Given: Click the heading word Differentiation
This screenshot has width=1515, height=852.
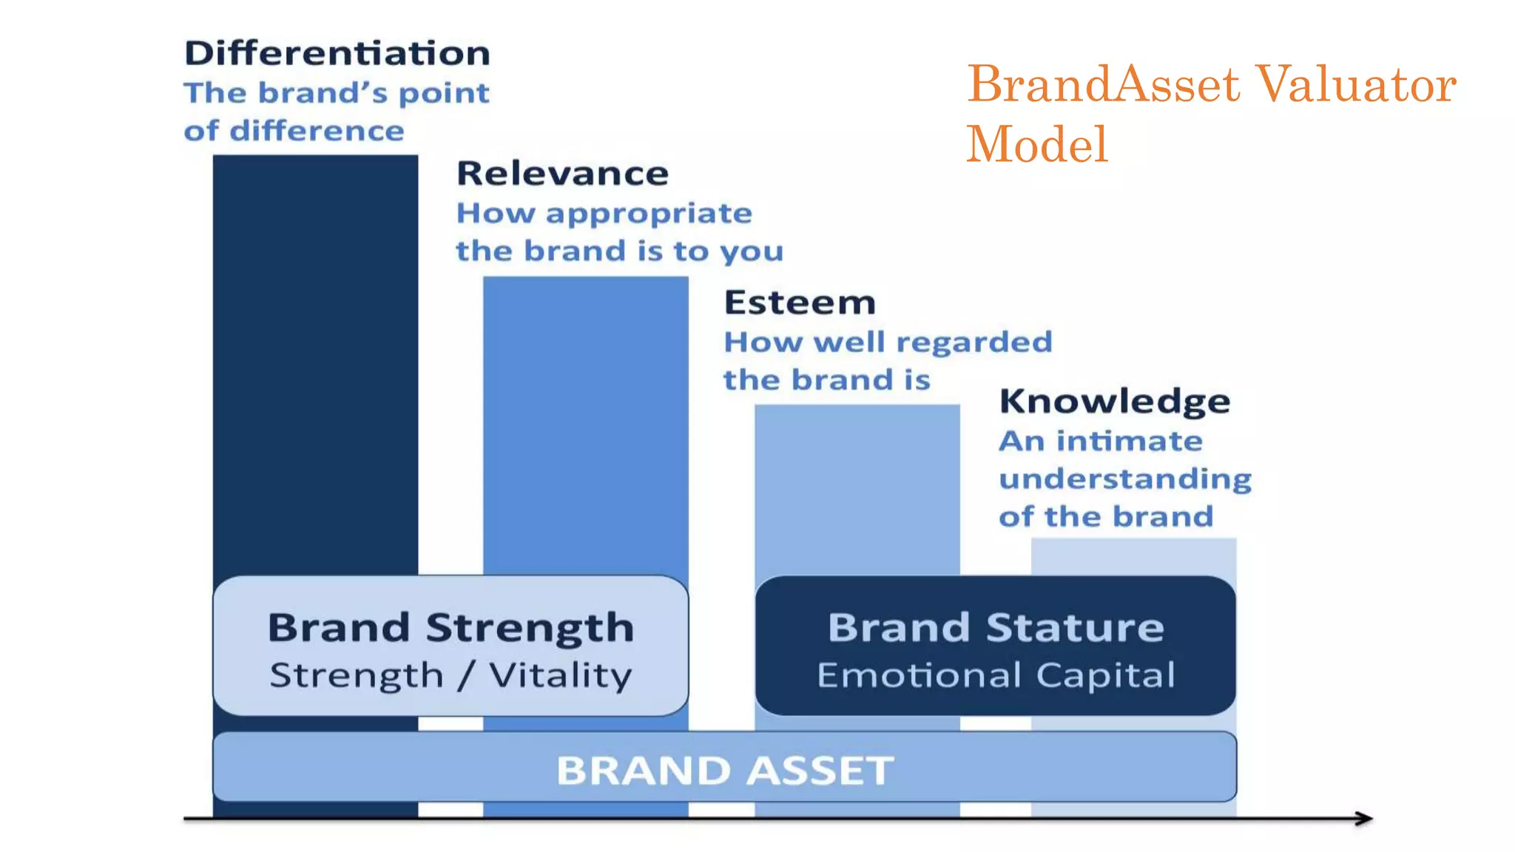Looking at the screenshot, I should (x=337, y=54).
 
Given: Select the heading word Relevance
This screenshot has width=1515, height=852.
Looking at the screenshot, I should (x=562, y=174).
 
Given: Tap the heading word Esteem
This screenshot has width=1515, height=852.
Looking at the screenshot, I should (x=799, y=303).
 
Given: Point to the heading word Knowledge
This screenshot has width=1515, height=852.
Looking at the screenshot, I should (x=1114, y=402).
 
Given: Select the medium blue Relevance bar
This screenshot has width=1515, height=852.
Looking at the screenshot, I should (x=585, y=422).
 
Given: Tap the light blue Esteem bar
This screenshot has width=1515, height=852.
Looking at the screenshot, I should (x=857, y=488).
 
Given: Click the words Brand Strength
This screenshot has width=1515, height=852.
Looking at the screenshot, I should (x=451, y=628).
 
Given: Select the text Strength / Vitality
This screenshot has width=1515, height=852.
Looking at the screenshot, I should (x=451, y=675).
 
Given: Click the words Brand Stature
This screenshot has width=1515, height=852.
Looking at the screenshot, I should (x=995, y=628).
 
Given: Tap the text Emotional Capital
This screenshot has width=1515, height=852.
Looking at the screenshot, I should (x=995, y=675).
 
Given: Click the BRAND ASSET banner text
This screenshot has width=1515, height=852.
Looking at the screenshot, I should (x=724, y=770).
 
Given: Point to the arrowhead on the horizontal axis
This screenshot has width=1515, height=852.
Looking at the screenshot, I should (x=1366, y=818).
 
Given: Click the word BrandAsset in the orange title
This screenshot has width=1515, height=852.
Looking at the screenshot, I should (x=1102, y=84).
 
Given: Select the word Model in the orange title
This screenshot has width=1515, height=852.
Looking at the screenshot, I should (x=1036, y=144).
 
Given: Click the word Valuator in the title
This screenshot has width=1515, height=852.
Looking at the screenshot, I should (x=1355, y=84).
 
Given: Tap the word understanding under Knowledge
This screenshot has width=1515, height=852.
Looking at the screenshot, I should (x=1124, y=479).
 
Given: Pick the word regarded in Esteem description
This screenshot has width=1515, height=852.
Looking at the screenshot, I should (x=974, y=342).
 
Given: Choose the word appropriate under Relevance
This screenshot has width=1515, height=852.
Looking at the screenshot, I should (x=649, y=214).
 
